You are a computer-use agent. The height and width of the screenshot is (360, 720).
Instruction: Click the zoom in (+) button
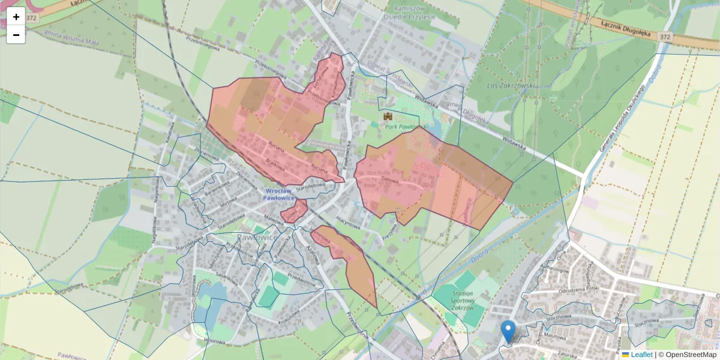coord(16,16)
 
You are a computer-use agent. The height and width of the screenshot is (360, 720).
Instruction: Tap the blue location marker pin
coord(508,331)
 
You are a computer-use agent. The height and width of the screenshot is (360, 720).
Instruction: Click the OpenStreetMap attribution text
coord(691,355)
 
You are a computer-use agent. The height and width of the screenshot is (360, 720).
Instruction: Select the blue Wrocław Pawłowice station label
coord(280,194)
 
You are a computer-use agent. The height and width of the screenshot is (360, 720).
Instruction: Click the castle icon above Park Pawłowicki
coord(388,116)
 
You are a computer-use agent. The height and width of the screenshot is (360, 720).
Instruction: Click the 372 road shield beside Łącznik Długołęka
coord(664,37)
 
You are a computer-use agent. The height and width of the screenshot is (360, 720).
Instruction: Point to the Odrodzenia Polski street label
coord(577,291)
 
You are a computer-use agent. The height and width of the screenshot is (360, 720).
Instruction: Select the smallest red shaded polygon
coord(293,211)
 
